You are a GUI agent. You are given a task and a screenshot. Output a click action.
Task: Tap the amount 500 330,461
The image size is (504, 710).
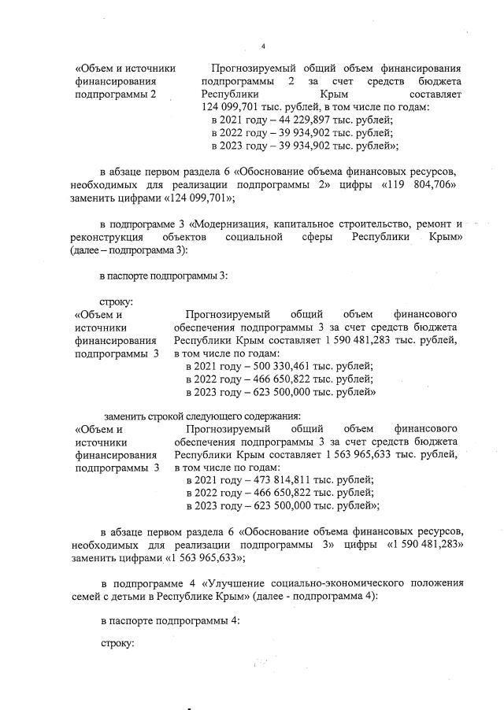coord(286,366)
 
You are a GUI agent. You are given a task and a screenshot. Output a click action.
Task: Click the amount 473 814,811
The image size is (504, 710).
coord(286,479)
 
